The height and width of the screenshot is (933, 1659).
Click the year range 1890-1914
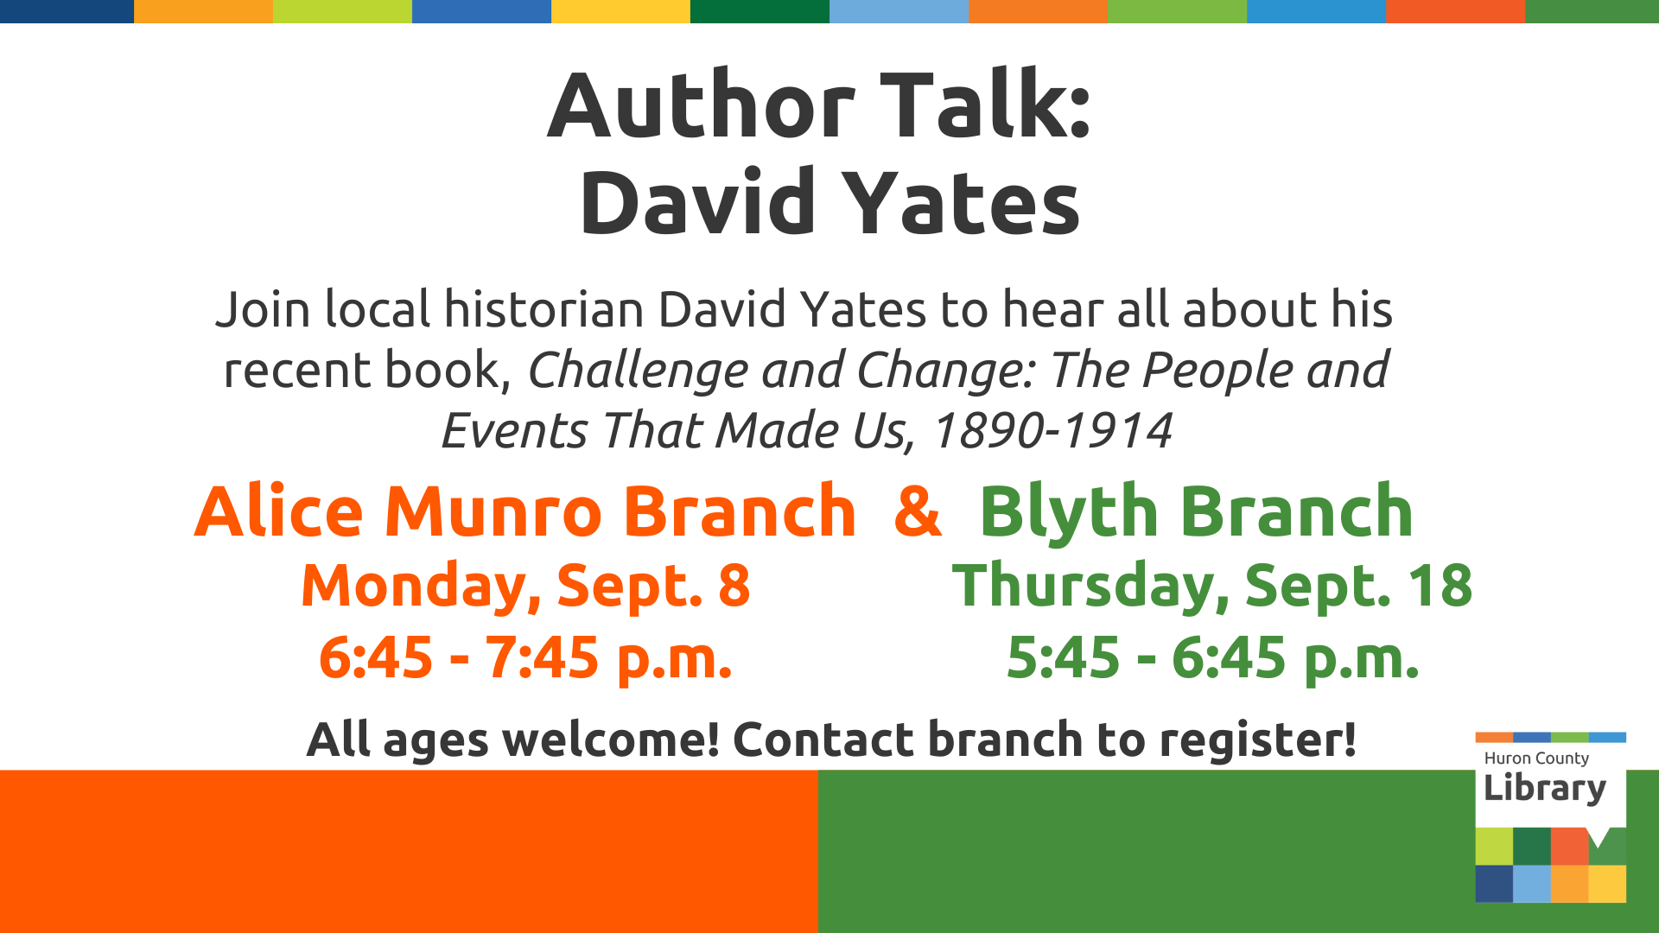(1052, 430)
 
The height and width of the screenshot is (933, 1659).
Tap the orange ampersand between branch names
(918, 511)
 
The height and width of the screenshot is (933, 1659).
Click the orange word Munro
(493, 511)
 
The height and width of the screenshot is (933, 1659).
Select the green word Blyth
(1068, 513)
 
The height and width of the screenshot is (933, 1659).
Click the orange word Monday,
(421, 586)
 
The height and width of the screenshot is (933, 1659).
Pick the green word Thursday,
(1090, 586)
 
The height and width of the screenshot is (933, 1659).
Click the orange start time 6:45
(376, 657)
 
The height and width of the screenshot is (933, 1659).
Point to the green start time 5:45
(1064, 657)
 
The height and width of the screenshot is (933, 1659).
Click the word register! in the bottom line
(1258, 740)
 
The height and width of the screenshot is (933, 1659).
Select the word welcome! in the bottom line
(611, 739)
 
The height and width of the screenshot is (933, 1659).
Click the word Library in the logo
(1545, 788)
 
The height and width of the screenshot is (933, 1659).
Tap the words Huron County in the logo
(1536, 758)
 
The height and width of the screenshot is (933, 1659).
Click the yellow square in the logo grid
(1607, 884)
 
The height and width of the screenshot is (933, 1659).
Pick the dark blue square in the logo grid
(1494, 884)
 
